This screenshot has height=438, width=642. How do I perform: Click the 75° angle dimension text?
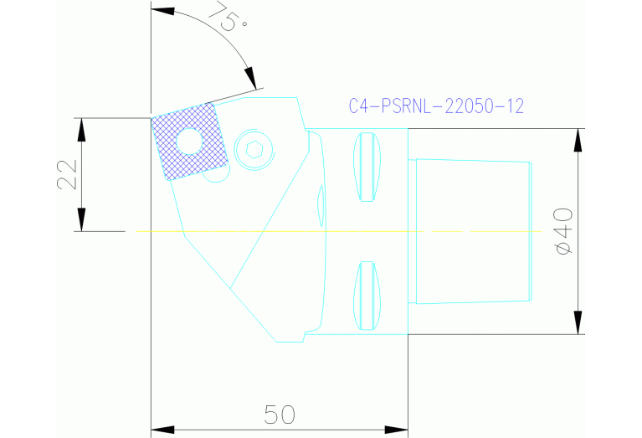(231, 19)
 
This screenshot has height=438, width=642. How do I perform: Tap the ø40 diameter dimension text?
(563, 230)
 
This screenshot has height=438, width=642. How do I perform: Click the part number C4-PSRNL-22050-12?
(435, 106)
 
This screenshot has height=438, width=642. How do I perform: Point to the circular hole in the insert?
(188, 140)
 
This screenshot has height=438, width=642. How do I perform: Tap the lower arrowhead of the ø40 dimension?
(578, 322)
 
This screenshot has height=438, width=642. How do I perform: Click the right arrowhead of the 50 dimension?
(397, 430)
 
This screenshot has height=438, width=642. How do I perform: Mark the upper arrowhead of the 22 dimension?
(80, 129)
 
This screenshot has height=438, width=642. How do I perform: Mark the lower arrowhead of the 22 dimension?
(80, 220)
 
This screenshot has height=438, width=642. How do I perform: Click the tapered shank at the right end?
(473, 231)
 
